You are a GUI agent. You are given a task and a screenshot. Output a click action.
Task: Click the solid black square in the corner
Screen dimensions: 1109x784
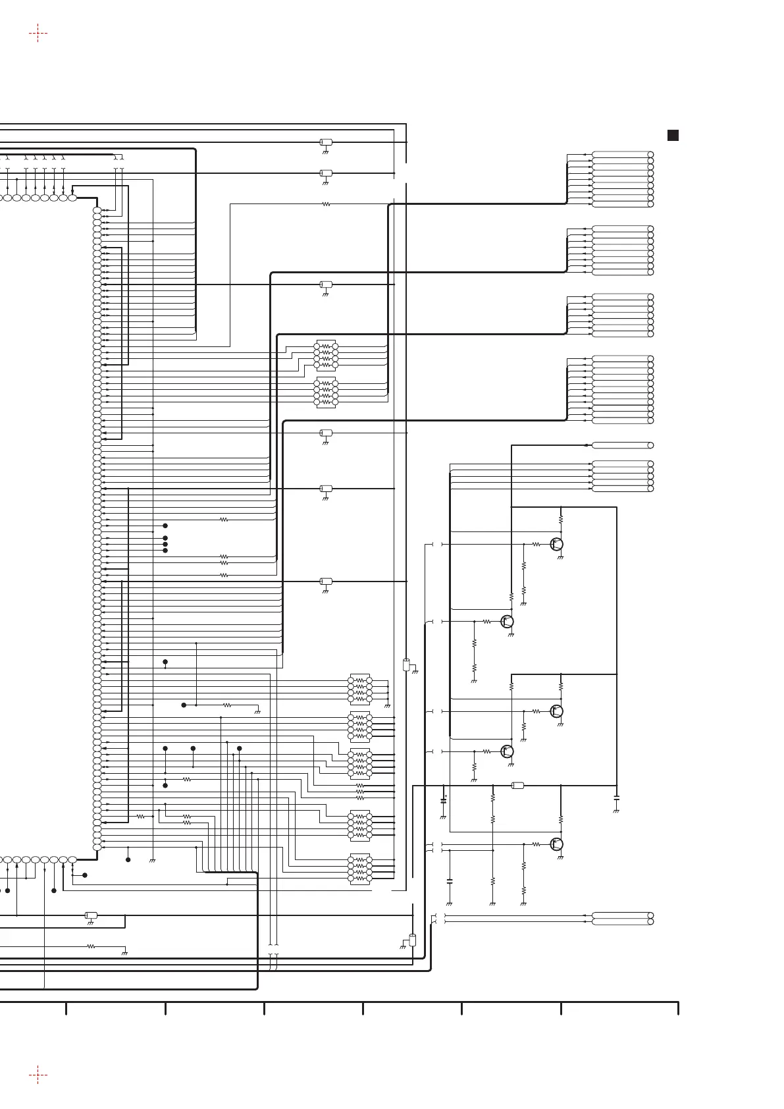[x=673, y=136]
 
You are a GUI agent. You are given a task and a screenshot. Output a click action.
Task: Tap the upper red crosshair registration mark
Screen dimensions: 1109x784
[x=38, y=32]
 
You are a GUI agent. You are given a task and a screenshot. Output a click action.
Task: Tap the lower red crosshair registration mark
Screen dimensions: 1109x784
[x=38, y=1075]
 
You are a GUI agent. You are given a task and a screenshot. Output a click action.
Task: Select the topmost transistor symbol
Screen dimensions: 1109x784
[x=558, y=545]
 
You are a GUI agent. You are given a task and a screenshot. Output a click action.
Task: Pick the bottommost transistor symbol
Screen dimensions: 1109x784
[x=558, y=844]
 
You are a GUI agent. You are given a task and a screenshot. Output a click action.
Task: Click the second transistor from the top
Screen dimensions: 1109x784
[x=507, y=621]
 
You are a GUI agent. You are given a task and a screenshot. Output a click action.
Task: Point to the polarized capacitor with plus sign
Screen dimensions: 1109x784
[x=443, y=801]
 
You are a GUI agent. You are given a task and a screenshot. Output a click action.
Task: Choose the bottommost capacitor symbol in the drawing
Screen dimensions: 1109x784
[x=450, y=880]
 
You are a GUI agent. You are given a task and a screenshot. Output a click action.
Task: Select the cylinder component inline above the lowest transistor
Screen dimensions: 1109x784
[x=517, y=785]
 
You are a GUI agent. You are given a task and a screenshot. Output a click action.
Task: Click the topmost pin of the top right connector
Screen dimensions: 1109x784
[x=650, y=154]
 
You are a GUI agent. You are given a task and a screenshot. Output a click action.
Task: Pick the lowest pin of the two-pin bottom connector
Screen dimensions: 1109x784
[x=650, y=921]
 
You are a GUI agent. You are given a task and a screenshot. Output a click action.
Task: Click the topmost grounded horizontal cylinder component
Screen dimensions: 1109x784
[x=325, y=142]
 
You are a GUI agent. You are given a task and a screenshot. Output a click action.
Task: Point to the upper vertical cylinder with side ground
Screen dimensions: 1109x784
[x=406, y=664]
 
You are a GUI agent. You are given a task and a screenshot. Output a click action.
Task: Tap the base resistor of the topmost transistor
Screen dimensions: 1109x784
[x=536, y=545]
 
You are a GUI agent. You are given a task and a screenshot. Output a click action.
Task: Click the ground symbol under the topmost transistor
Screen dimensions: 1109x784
[x=561, y=558]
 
